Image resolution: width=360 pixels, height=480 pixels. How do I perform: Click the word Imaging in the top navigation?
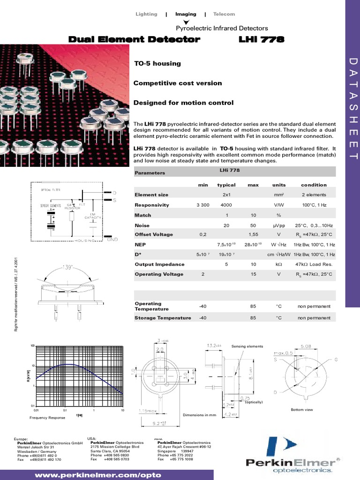tap(186, 14)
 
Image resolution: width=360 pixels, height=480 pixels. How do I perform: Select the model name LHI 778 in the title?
tap(262, 40)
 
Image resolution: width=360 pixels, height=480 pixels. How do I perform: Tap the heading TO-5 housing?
tap(157, 63)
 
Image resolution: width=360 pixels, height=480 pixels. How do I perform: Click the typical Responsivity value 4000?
tap(226, 205)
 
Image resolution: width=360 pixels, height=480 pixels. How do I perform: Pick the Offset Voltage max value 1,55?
tap(253, 234)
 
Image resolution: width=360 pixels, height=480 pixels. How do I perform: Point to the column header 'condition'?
tap(314, 185)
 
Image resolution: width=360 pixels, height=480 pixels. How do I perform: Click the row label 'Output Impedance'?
tap(159, 264)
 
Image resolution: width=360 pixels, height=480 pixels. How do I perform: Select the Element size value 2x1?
tap(226, 195)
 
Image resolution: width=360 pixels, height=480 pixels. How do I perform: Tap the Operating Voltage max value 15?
tap(253, 274)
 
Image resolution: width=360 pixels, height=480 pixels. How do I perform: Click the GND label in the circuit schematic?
tap(112, 239)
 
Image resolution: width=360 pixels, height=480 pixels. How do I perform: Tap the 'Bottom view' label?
tap(301, 410)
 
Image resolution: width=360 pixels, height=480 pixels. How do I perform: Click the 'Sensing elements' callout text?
tap(247, 346)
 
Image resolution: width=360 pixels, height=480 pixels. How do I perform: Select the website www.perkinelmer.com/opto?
tap(98, 474)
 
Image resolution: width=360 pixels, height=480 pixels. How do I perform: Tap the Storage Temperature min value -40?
tap(202, 318)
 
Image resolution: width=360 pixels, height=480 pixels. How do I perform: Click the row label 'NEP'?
tap(140, 245)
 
